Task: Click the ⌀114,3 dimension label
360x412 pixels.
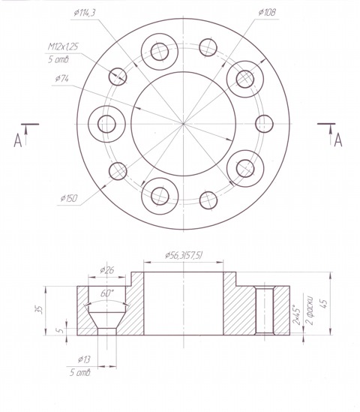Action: coord(84,13)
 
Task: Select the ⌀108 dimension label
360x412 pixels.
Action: coord(267,12)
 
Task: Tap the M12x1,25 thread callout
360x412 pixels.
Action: coord(63,47)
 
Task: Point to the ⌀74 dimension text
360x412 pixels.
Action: coord(62,78)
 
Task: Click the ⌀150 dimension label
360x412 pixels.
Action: coord(69,198)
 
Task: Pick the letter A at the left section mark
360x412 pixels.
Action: coord(17,140)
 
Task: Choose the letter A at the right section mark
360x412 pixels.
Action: coord(338,140)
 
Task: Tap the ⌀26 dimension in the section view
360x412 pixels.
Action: coord(106,270)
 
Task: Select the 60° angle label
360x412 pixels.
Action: coord(107,293)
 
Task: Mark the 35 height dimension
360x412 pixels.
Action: coord(38,311)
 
